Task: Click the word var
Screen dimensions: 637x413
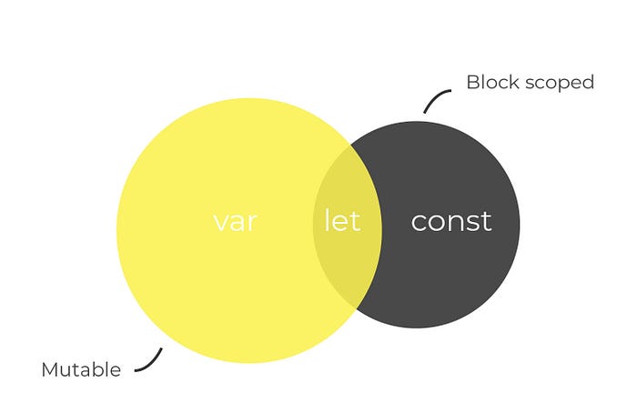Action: (235, 221)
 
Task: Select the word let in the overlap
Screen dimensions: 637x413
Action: (342, 221)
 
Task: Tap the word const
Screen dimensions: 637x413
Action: (450, 221)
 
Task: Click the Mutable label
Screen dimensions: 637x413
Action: (81, 369)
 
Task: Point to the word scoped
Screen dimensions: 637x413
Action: (561, 83)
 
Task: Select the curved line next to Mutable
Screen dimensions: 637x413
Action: (150, 360)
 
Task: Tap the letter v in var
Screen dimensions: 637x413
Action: (219, 222)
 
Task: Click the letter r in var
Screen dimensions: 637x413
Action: (252, 222)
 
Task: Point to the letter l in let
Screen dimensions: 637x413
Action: (328, 220)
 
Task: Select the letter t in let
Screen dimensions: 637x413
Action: (355, 221)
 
